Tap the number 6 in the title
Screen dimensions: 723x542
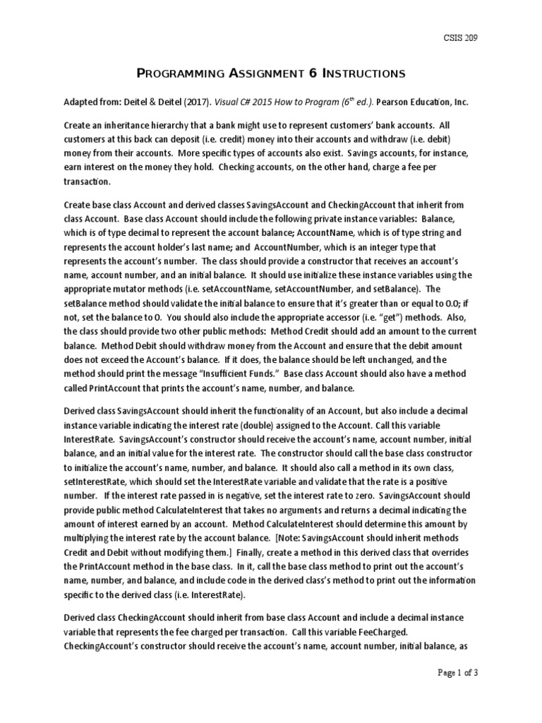click(313, 73)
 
